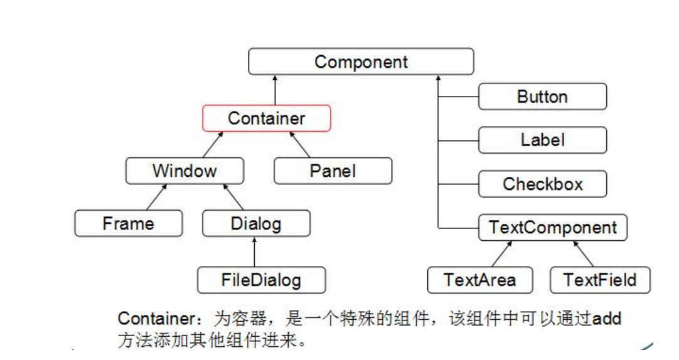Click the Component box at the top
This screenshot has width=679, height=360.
361,62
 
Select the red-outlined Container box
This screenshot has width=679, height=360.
266,118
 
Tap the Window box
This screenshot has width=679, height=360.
184,171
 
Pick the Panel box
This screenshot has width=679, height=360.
333,171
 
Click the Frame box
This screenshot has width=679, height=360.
128,223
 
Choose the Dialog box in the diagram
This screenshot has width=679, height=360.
256,223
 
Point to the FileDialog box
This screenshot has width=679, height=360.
261,280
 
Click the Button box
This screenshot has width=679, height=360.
542,97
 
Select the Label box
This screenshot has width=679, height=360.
542,140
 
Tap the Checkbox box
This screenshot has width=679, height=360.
542,184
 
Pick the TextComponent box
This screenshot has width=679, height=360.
552,227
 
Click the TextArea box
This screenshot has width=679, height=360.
479,280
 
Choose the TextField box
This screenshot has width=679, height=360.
599,280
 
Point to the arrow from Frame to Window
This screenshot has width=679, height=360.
158,198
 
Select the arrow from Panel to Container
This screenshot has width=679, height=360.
299,144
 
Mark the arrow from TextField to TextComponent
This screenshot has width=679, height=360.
583,253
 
